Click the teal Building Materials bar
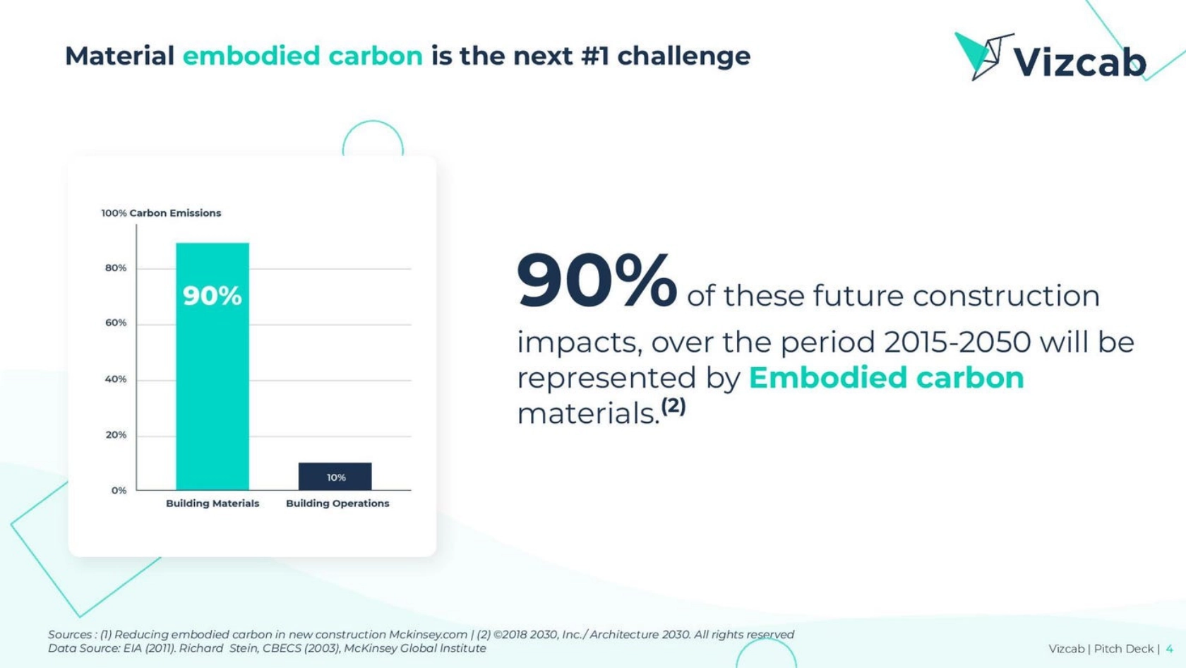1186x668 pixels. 212,366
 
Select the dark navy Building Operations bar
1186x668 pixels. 335,476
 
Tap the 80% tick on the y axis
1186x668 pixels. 116,268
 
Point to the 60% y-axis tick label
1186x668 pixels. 116,323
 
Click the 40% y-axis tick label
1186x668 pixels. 116,379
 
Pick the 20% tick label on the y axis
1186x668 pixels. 116,435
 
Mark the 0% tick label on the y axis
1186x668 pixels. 119,491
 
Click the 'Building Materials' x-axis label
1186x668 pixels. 212,503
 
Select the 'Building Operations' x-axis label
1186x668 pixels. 337,503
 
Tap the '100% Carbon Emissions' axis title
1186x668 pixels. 161,213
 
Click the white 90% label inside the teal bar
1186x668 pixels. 212,296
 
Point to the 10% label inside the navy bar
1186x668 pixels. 336,477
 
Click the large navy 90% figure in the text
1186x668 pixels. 596,281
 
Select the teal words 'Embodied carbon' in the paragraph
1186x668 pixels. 887,378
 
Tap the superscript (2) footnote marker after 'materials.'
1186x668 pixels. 673,406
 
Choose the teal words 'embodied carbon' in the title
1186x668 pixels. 302,56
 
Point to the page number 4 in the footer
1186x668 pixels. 1170,649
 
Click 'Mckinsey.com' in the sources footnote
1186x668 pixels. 428,635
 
